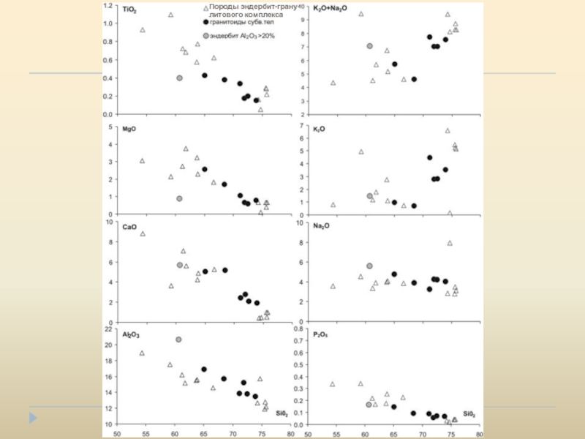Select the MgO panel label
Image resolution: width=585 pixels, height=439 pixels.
click(x=129, y=129)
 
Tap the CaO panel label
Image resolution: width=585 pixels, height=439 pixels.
click(x=129, y=227)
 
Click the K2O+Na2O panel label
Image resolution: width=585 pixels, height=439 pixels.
click(x=330, y=8)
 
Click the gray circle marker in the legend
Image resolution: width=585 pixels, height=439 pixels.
click(x=205, y=35)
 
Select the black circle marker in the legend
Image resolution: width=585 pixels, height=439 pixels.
click(x=205, y=22)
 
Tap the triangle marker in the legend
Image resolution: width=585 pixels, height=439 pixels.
click(x=205, y=7)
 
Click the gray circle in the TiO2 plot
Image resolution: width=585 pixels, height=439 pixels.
click(x=179, y=78)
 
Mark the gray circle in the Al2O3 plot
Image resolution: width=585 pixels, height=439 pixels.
click(x=178, y=339)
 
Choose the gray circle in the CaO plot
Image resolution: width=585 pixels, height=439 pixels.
click(x=180, y=265)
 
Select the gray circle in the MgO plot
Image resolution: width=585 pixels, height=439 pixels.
click(x=179, y=198)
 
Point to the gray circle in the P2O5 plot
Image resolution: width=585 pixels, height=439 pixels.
click(x=369, y=404)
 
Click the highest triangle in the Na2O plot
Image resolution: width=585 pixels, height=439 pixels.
click(x=450, y=243)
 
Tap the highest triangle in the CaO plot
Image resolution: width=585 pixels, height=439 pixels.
click(x=143, y=233)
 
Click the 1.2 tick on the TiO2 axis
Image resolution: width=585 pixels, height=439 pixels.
click(x=108, y=6)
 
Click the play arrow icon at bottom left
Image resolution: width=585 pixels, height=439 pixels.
click(x=31, y=419)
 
